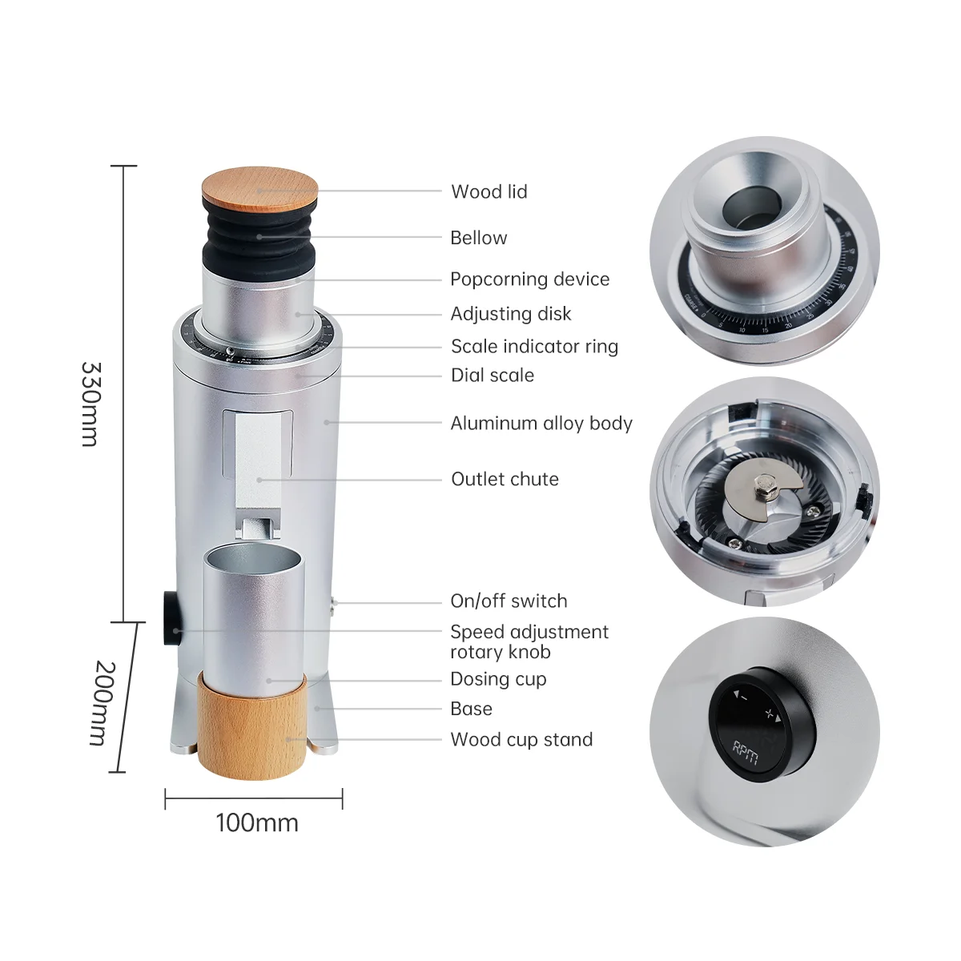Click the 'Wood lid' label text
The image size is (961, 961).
[x=489, y=191]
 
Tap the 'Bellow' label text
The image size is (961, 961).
[x=478, y=238]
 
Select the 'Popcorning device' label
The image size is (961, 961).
[x=529, y=279]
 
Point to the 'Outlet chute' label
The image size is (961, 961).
[x=505, y=479]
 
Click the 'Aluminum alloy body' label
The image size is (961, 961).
[x=541, y=423]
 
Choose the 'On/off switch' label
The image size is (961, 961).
[x=509, y=601]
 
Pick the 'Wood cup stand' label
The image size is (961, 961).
[x=521, y=739]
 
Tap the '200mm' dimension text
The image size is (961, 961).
[x=104, y=702]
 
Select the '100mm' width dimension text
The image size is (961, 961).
[x=256, y=822]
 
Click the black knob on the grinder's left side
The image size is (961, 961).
[x=171, y=618]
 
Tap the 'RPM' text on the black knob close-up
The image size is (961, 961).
[x=746, y=753]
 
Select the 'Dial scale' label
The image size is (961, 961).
[x=492, y=375]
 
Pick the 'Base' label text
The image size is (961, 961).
[x=471, y=709]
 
